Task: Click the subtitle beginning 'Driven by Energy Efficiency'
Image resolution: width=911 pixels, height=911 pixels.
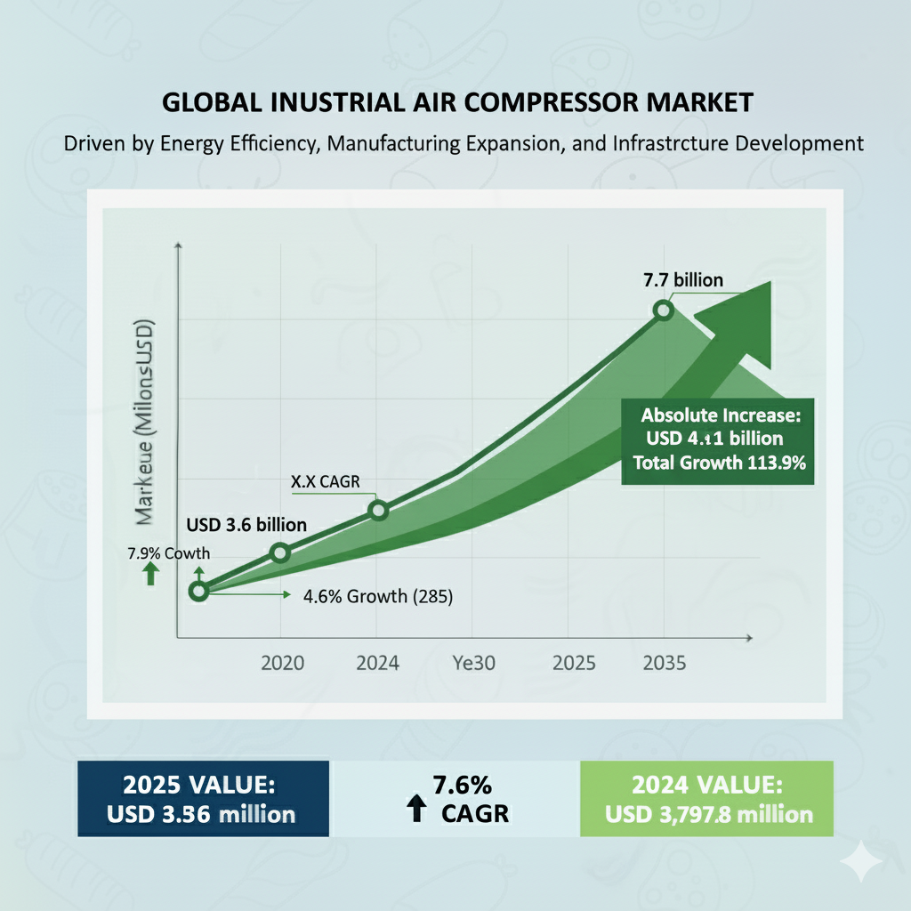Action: click(x=464, y=143)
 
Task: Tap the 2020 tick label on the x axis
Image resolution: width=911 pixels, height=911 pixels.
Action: click(x=282, y=663)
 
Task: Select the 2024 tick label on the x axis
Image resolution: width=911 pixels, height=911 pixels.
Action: click(x=377, y=663)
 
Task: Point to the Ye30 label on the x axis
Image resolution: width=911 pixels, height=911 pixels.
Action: click(x=475, y=663)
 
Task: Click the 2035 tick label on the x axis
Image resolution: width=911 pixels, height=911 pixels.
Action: click(x=663, y=663)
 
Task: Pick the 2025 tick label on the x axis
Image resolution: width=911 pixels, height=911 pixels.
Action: click(x=575, y=663)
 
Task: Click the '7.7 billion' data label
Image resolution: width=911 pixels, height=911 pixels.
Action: click(x=683, y=280)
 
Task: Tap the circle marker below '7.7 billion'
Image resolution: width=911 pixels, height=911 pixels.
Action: click(x=663, y=310)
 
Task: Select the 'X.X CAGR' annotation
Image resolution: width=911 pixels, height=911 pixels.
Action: click(x=322, y=481)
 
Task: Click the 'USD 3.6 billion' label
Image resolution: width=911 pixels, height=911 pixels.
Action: click(x=246, y=525)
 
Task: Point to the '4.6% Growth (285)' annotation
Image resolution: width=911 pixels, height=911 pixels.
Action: click(x=379, y=596)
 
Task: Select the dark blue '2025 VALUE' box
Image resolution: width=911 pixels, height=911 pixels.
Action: click(x=203, y=798)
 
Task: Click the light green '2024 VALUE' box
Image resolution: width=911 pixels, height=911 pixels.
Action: click(x=706, y=798)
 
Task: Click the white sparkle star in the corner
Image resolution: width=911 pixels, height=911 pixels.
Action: click(x=863, y=861)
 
